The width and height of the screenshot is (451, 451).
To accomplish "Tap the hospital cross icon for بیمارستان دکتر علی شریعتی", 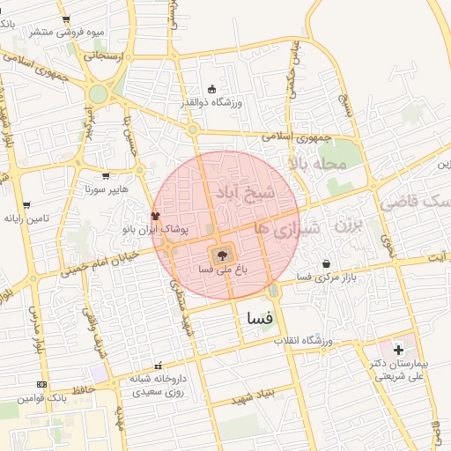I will tap(399, 351).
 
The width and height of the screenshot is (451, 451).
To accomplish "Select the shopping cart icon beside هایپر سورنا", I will tap(107, 176).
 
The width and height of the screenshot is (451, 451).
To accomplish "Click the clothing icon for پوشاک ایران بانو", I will tap(156, 216).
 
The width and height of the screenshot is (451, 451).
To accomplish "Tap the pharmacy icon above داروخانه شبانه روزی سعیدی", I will tap(159, 366).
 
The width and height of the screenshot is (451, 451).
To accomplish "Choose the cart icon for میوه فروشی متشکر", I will tap(66, 19).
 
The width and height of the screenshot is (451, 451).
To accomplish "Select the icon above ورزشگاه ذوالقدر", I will tap(211, 89).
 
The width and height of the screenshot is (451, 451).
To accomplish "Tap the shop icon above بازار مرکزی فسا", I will tap(327, 263).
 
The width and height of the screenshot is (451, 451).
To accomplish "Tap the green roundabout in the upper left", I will tap(99, 93).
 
